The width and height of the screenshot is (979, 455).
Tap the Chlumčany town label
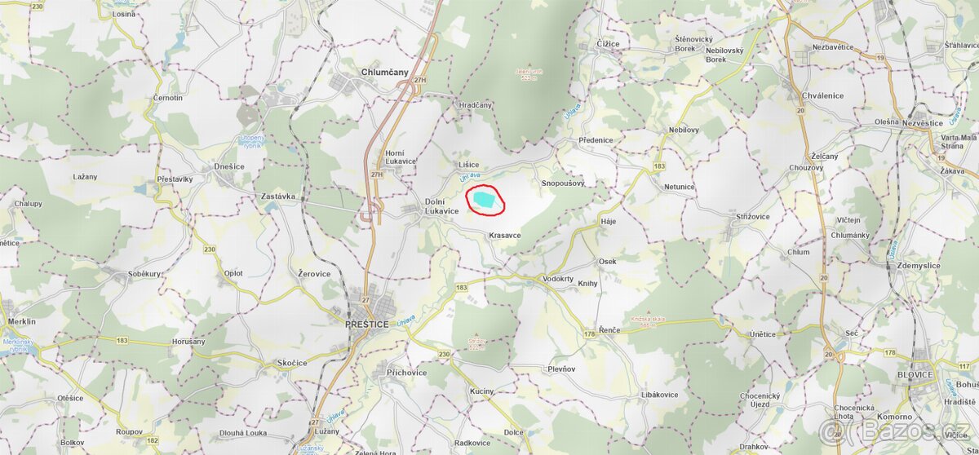tap(383, 73)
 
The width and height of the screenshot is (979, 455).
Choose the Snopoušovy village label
tap(563, 183)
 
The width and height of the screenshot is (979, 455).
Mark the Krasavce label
tap(505, 235)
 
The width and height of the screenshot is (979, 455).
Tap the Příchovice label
tap(406, 372)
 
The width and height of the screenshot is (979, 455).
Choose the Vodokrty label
tap(558, 279)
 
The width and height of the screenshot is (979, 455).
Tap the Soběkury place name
tap(144, 274)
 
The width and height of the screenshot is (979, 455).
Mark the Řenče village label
tap(609, 329)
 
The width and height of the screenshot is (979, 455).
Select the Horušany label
tap(188, 342)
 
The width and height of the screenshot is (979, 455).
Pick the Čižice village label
tap(607, 44)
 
